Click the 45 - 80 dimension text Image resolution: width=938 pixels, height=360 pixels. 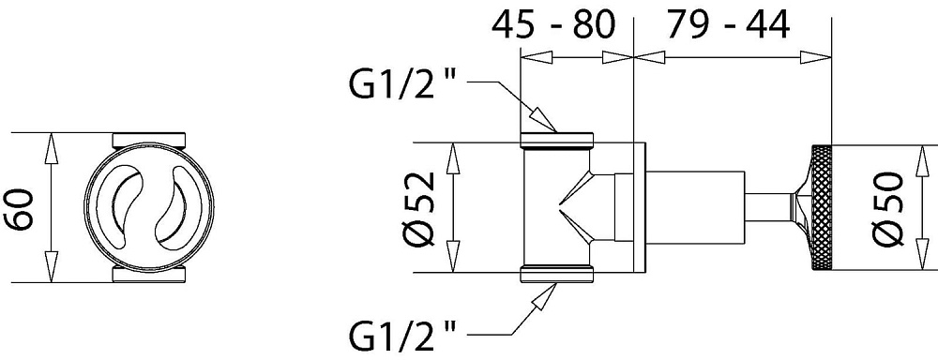point(552,25)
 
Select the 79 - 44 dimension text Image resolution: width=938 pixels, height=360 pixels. point(728,25)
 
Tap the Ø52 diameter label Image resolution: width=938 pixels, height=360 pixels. point(425,207)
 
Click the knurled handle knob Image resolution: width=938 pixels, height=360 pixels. point(821,207)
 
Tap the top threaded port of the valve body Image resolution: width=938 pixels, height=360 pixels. point(557,141)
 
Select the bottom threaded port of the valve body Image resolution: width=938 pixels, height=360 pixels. point(557,274)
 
